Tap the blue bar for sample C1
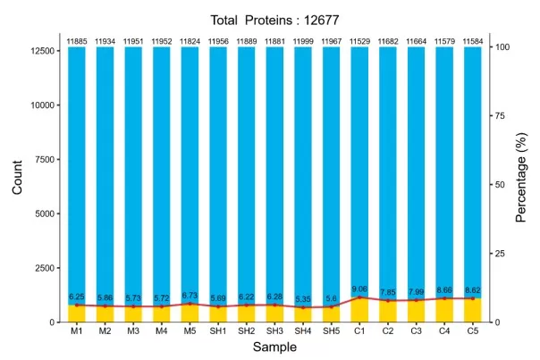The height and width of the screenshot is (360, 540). click(359, 170)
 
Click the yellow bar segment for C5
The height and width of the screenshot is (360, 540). click(472, 311)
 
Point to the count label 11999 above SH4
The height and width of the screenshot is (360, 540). click(303, 41)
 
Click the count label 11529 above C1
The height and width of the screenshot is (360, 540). click(359, 41)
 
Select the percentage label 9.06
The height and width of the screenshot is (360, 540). click(359, 289)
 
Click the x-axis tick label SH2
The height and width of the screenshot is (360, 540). click(247, 331)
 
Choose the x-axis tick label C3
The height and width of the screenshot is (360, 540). click(416, 331)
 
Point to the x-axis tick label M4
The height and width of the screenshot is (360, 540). click(162, 331)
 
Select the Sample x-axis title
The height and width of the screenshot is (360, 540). click(274, 347)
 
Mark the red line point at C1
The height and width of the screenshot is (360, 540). click(359, 297)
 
